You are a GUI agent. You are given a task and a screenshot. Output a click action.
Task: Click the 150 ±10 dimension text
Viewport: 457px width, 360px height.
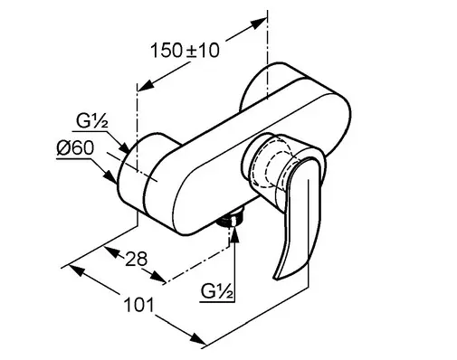[x=185, y=50]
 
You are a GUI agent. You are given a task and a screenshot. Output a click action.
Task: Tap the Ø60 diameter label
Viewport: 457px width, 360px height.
[x=75, y=148]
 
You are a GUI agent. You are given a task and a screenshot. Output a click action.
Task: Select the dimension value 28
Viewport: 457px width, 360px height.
[x=136, y=259]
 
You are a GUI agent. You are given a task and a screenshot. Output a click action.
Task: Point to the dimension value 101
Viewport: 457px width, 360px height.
[x=138, y=305]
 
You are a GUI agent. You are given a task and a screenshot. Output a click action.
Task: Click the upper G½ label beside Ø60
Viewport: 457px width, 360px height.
[x=91, y=121]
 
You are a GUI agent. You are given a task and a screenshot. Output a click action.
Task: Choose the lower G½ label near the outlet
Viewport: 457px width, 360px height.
[x=217, y=291]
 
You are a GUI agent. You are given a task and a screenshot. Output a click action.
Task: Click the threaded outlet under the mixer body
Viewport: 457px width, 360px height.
[x=232, y=219]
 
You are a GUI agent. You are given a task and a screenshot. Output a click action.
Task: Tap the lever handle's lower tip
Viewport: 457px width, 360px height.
[x=276, y=277]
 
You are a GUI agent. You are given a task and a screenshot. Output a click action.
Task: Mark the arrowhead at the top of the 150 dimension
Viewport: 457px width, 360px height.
[x=259, y=23]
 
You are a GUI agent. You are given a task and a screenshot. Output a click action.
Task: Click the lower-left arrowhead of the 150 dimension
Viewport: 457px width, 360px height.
[x=146, y=85]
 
